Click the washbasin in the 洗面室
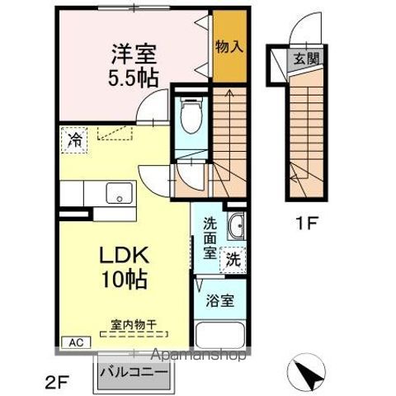236,224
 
